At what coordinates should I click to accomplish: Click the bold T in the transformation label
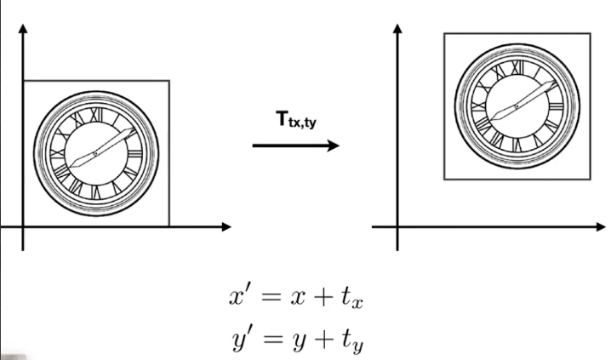coord(282,118)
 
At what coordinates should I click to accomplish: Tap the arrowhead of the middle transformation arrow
coord(334,146)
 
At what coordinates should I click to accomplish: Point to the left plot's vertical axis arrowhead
coord(23,28)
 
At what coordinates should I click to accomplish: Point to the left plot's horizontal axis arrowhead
coord(226,226)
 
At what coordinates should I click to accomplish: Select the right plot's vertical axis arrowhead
coord(397,28)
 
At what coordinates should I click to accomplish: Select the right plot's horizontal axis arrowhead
coord(601,226)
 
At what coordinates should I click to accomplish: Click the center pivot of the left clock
coord(96,154)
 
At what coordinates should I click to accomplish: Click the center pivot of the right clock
coord(517,106)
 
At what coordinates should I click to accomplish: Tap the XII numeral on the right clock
coord(517,68)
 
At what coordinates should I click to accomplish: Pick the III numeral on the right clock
coord(556,106)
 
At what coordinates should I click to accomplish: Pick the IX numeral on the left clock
coord(58,154)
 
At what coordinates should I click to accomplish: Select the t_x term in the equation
coord(352,299)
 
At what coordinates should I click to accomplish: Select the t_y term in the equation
coord(352,341)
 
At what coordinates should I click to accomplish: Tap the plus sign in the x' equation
coord(323,298)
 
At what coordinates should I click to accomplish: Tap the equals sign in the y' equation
coord(272,339)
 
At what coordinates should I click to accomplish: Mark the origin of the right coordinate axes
coord(397,226)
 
